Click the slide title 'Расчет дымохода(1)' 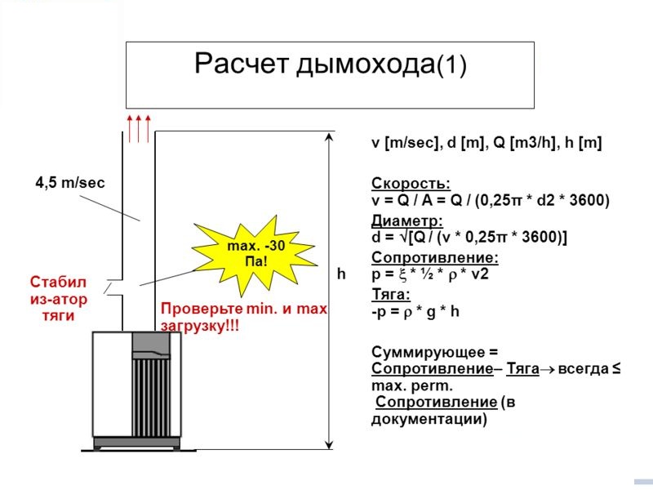tap(331, 64)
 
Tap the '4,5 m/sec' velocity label tap(70, 182)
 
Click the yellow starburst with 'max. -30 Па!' tap(255, 254)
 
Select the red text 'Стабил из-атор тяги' tap(59, 299)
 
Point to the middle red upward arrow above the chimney tap(139, 129)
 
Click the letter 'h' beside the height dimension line tap(341, 274)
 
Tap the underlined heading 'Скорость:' tap(411, 183)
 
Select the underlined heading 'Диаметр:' tap(406, 220)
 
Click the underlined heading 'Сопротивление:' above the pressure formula tap(435, 257)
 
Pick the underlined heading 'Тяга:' tap(391, 294)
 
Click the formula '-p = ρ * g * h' tap(415, 312)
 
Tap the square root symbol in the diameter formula tap(403, 237)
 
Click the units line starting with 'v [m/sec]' tap(486, 143)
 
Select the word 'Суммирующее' tap(429, 353)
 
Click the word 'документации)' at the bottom tap(429, 419)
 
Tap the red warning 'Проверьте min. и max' tap(244, 309)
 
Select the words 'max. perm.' tap(412, 386)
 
